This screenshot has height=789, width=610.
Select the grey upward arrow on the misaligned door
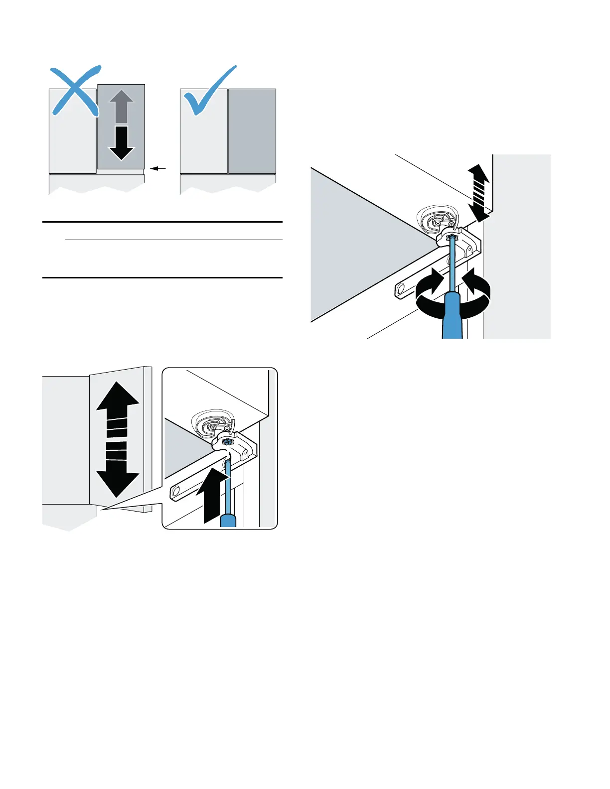tap(121, 106)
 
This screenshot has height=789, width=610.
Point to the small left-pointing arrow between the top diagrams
tap(158, 169)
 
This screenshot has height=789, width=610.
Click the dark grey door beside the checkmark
tap(252, 131)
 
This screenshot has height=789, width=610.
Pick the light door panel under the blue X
tap(72, 144)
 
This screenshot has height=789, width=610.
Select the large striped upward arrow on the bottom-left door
tap(118, 408)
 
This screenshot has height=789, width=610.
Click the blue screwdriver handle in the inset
tap(228, 521)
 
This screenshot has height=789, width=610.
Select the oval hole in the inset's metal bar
tap(175, 493)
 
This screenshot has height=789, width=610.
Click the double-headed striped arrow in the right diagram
tap(479, 193)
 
